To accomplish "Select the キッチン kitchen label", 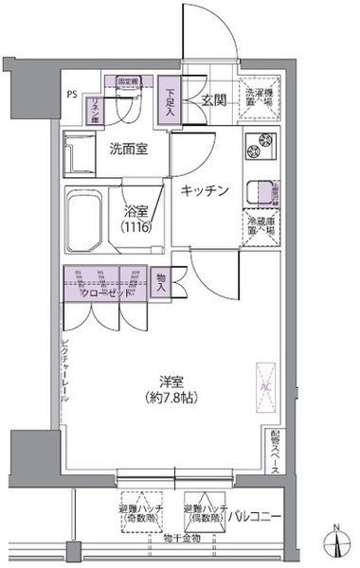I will tap(205, 190).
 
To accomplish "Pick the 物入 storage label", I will tap(161, 285).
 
